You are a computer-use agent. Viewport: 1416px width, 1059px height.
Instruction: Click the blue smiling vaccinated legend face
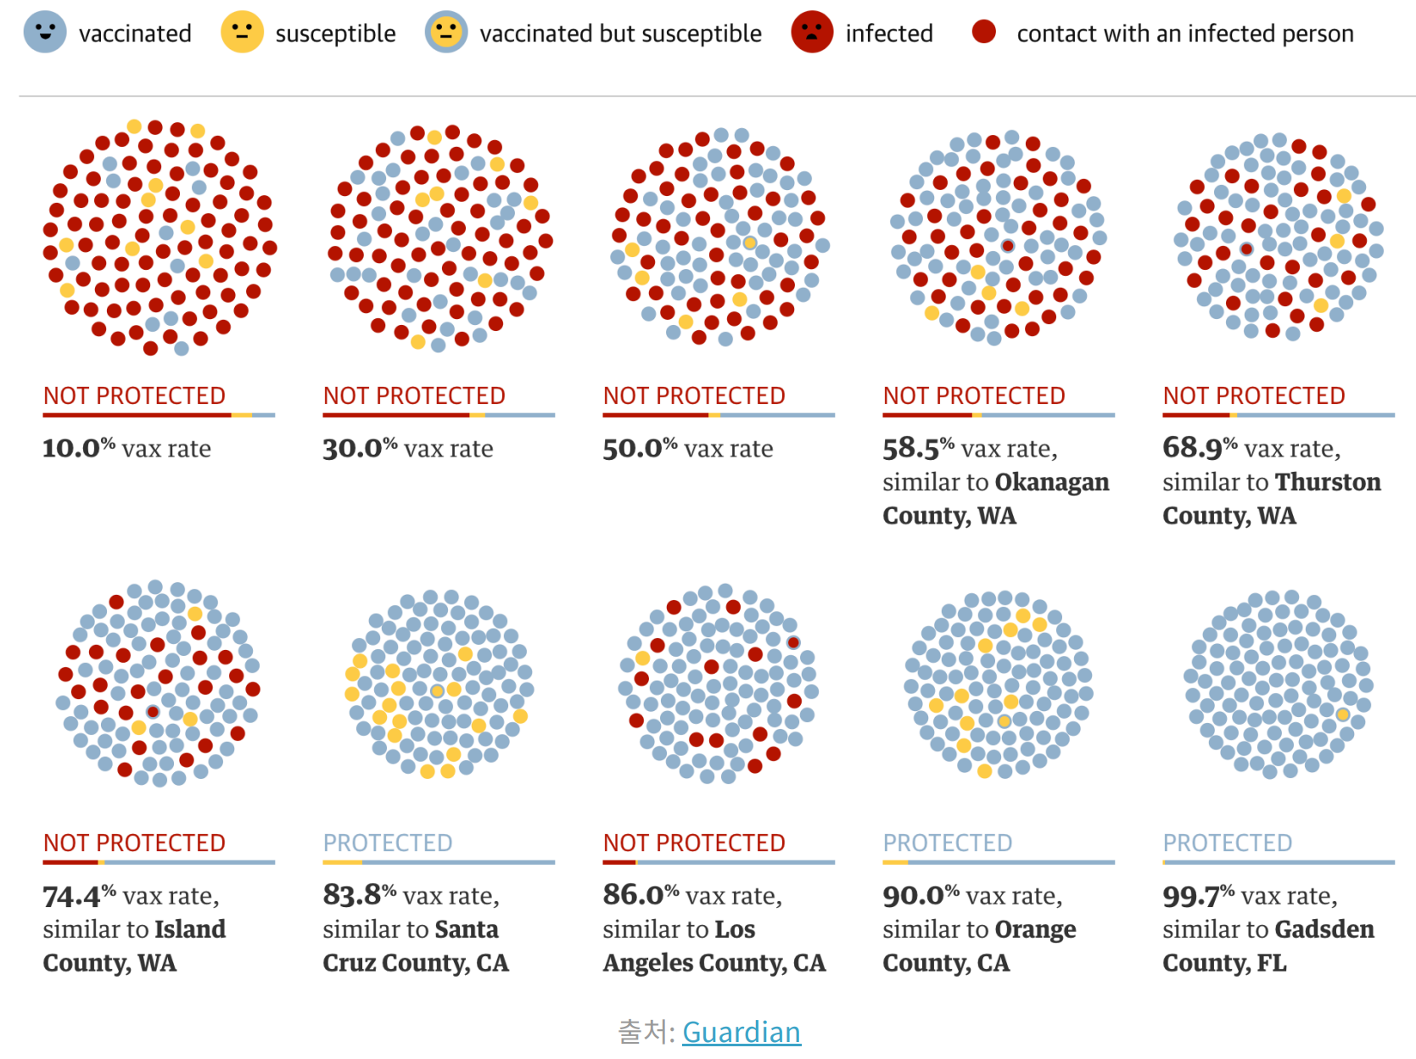tap(45, 32)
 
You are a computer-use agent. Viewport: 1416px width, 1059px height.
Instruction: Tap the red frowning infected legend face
tap(812, 32)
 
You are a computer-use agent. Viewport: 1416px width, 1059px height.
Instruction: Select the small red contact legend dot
tap(984, 32)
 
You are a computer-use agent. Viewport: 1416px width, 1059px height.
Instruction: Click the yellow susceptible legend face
tap(242, 32)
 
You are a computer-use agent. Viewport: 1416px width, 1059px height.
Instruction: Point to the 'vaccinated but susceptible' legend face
tap(446, 32)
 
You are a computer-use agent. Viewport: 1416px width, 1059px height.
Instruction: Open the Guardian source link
tap(741, 1032)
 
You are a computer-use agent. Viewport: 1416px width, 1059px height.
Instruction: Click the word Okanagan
tap(1051, 482)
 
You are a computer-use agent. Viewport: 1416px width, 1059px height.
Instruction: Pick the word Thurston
tap(1328, 482)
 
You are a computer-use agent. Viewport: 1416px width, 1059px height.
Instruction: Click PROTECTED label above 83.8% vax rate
tap(388, 843)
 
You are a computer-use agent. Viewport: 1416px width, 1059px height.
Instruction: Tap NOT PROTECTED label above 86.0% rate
tap(694, 843)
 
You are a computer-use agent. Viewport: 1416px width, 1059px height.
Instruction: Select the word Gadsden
tap(1324, 929)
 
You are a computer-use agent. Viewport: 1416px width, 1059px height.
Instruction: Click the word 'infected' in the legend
tap(889, 34)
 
